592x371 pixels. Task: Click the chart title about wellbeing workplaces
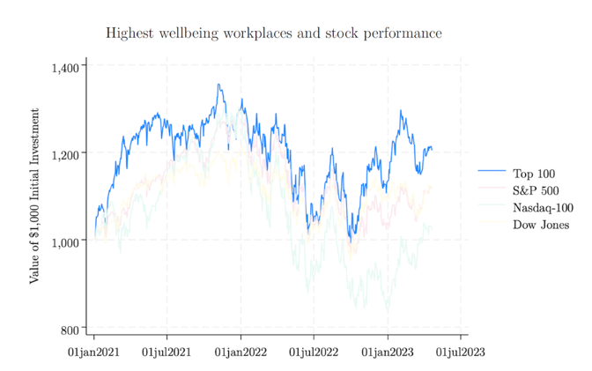pyautogui.click(x=273, y=33)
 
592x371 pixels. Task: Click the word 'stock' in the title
pyautogui.click(x=320, y=33)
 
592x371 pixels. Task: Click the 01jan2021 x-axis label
pyautogui.click(x=94, y=352)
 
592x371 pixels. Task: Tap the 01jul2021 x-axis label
pyautogui.click(x=167, y=352)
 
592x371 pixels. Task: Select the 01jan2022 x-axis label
pyautogui.click(x=240, y=352)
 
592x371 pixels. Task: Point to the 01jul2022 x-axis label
pyautogui.click(x=314, y=352)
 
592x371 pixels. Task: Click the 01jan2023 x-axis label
pyautogui.click(x=388, y=352)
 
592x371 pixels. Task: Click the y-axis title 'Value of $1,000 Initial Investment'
pyautogui.click(x=34, y=196)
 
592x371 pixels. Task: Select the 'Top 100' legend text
pyautogui.click(x=534, y=174)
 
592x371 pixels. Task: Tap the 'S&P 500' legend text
pyautogui.click(x=536, y=190)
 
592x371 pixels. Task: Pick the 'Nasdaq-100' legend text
pyautogui.click(x=543, y=208)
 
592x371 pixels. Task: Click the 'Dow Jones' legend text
pyautogui.click(x=541, y=225)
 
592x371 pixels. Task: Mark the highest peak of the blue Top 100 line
pyautogui.click(x=218, y=85)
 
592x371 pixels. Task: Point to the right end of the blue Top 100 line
pyautogui.click(x=432, y=149)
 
